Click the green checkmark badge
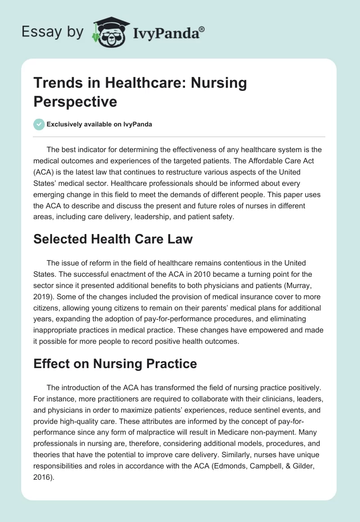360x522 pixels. [x=39, y=124]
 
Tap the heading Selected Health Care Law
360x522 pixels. [x=113, y=239]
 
